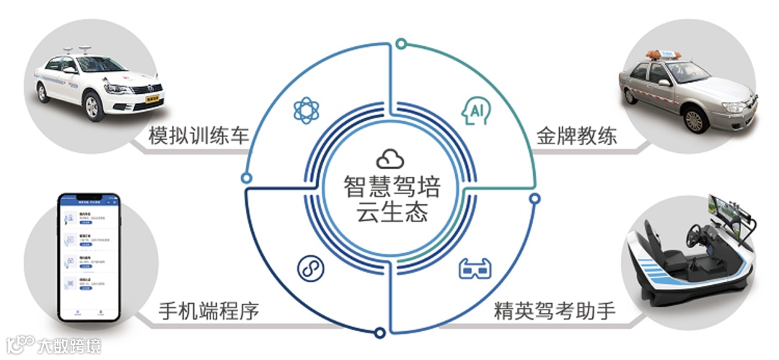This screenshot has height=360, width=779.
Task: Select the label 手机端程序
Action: tap(208, 312)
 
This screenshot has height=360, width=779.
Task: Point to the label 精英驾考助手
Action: tap(555, 312)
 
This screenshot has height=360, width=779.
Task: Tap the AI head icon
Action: tap(474, 110)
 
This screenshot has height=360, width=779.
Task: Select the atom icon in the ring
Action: tap(307, 110)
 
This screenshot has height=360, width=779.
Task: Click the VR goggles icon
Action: tap(474, 269)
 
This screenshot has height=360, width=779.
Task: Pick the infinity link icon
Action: tap(310, 268)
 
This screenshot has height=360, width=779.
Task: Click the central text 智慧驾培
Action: tap(390, 185)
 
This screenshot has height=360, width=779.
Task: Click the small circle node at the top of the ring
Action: tap(401, 45)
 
